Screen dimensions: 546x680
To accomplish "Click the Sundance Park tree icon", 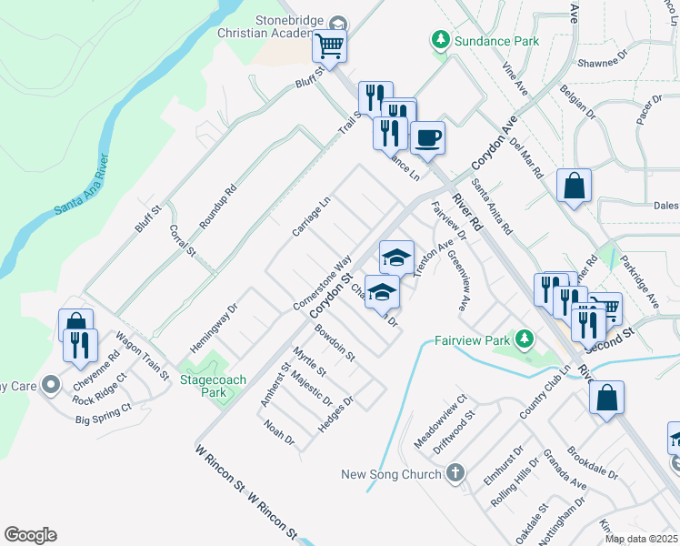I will click(440, 40).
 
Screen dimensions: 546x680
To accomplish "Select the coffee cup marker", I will click(427, 137).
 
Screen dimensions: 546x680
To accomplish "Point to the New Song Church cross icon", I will click(455, 473).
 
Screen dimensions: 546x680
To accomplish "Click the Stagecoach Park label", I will click(203, 385).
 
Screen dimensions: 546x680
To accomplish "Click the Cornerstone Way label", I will click(323, 283).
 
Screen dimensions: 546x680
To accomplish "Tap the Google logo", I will click(30, 535).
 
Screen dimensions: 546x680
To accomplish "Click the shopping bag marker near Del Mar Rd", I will click(574, 186).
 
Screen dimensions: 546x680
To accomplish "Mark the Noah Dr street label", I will click(279, 432).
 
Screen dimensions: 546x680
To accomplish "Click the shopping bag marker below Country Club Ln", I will click(606, 397).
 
